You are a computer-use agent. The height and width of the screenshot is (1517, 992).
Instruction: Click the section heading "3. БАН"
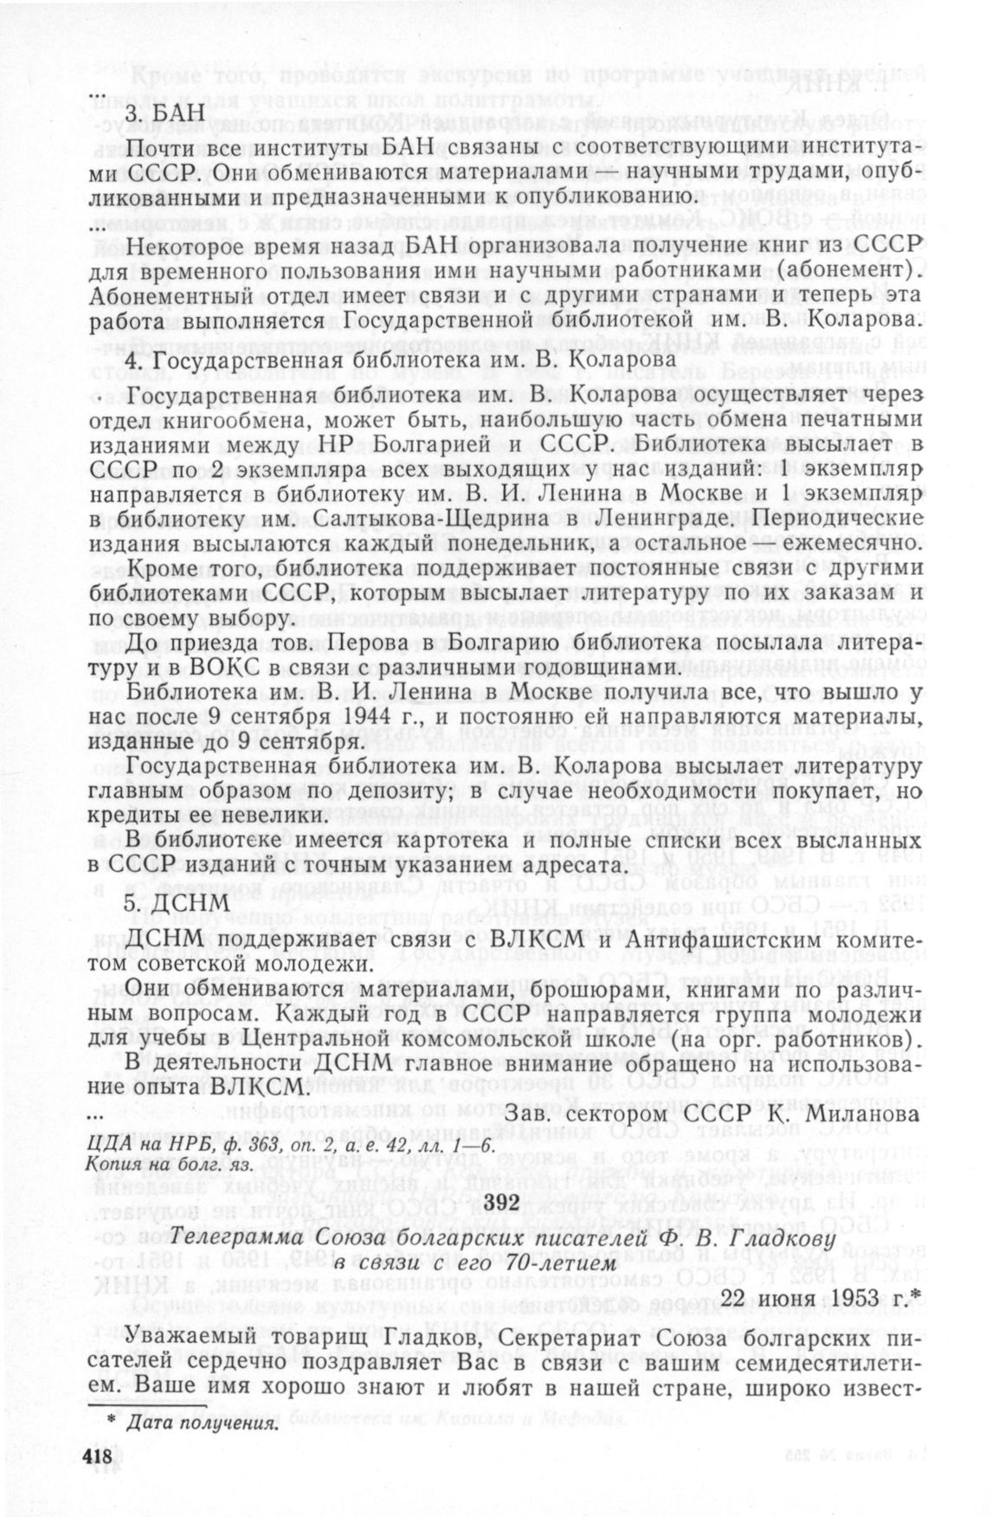(155, 113)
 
